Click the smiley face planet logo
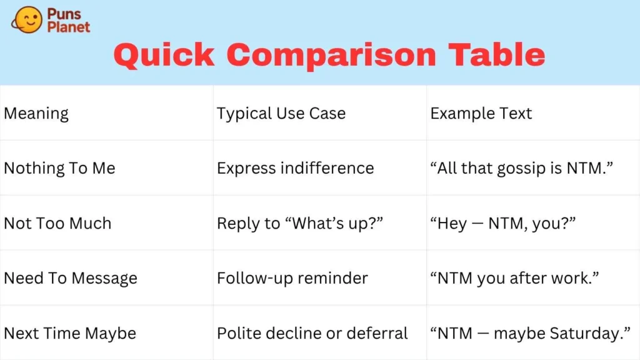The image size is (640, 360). (x=27, y=19)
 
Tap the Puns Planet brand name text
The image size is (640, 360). (x=68, y=20)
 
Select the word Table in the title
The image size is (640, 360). (x=496, y=54)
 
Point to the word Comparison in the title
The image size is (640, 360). (x=331, y=56)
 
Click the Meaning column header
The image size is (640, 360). (x=36, y=114)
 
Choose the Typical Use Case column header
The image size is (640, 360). (x=281, y=114)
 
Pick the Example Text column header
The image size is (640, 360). (x=481, y=113)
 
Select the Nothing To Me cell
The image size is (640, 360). (x=59, y=168)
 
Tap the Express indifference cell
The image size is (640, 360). (x=296, y=168)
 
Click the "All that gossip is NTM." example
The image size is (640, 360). (x=522, y=168)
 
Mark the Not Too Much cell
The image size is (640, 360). (x=57, y=223)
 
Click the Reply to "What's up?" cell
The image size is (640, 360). (x=300, y=223)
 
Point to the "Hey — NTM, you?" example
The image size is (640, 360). (x=503, y=223)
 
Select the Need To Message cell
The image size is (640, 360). (x=71, y=278)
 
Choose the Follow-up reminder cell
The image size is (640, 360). (x=292, y=278)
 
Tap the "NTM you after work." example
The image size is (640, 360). (x=515, y=278)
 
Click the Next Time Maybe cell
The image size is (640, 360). (x=70, y=334)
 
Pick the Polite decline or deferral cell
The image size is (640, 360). (x=312, y=334)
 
